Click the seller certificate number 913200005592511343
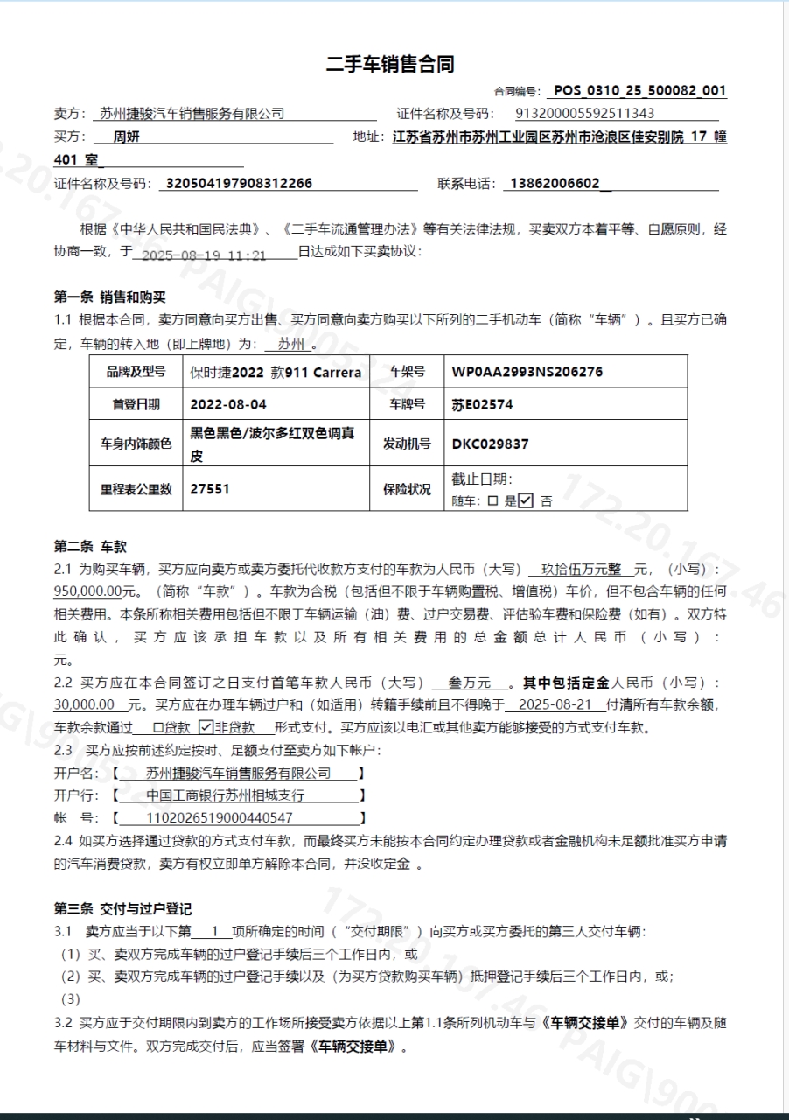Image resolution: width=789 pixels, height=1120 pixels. point(585,113)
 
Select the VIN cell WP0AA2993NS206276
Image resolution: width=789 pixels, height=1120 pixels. point(527,372)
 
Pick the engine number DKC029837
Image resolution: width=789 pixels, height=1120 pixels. point(490,444)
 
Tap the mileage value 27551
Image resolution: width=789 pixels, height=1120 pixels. point(210,489)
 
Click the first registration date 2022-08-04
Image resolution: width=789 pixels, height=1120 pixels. point(228,405)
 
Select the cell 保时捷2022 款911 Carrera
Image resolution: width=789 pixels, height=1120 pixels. point(276,372)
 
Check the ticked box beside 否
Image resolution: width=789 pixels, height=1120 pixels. point(526,501)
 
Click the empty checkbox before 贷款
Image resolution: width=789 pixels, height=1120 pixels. point(158,727)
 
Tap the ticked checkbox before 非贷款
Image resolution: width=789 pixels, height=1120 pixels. point(206,726)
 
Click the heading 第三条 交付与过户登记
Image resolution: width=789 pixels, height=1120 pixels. point(122,909)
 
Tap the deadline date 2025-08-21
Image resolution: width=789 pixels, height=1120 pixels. point(555,704)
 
